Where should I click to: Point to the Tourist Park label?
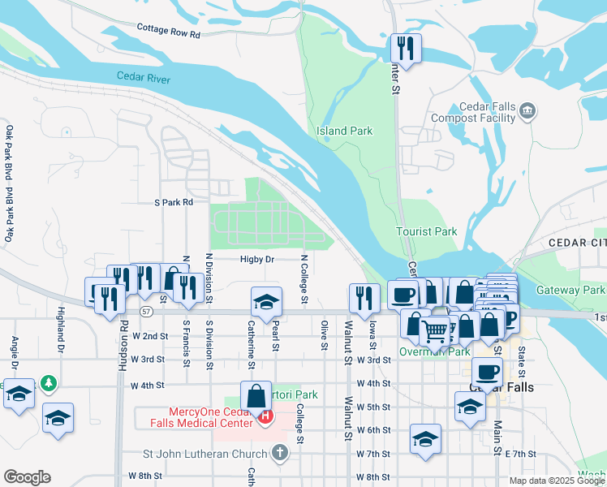(427, 231)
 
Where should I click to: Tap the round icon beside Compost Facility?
(528, 110)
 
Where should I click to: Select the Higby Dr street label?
(258, 260)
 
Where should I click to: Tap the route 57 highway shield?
(146, 311)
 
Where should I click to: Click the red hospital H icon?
(265, 416)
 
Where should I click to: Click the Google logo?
(27, 477)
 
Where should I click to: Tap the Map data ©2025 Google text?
(557, 481)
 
